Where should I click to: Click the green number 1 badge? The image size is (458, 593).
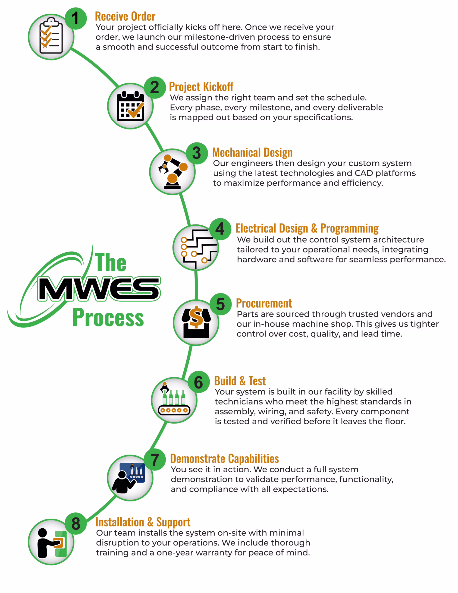point(75,19)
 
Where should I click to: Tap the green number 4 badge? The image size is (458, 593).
point(220,229)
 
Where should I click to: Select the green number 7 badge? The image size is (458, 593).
point(155,460)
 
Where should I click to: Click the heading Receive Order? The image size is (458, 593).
point(125,17)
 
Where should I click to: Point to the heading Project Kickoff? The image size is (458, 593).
point(201,87)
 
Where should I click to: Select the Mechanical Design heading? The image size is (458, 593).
point(252,153)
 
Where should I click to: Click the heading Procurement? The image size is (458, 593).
point(264,303)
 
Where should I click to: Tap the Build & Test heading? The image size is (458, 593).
point(240,381)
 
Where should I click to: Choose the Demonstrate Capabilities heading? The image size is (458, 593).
point(225,459)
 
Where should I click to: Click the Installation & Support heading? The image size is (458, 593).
point(143,522)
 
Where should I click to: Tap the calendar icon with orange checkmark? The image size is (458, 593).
point(130,106)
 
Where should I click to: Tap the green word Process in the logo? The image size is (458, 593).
point(108,317)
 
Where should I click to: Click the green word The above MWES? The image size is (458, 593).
point(110,262)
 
